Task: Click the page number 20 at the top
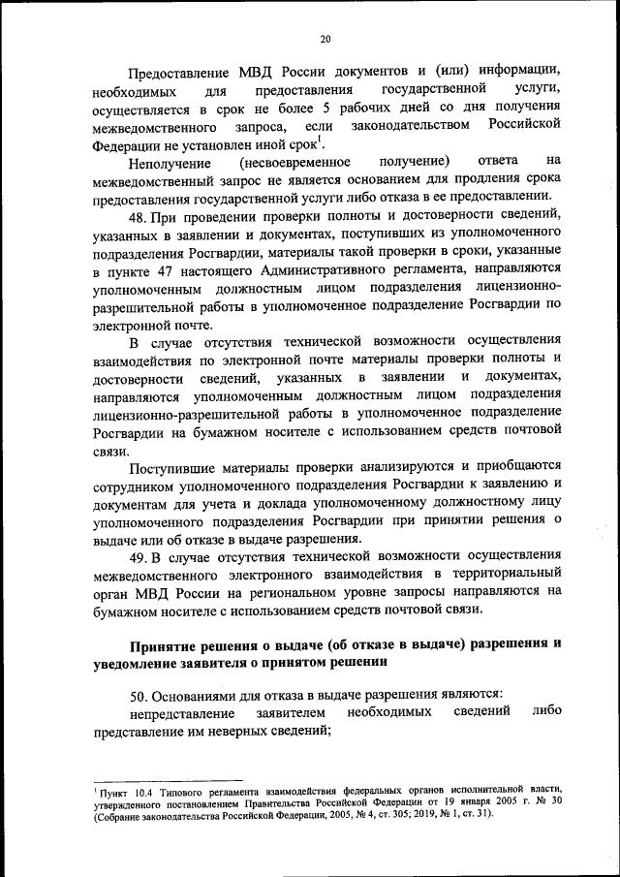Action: [x=325, y=38]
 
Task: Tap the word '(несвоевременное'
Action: [x=294, y=160]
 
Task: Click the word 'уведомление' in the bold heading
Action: [x=142, y=662]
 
